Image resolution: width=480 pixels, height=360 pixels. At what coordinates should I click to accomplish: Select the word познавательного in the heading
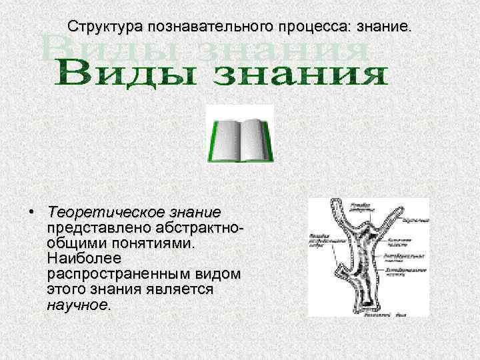[x=206, y=27]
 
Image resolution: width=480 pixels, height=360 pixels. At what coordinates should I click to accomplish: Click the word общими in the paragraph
[x=73, y=243]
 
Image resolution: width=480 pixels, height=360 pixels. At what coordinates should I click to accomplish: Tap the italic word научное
[x=77, y=305]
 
